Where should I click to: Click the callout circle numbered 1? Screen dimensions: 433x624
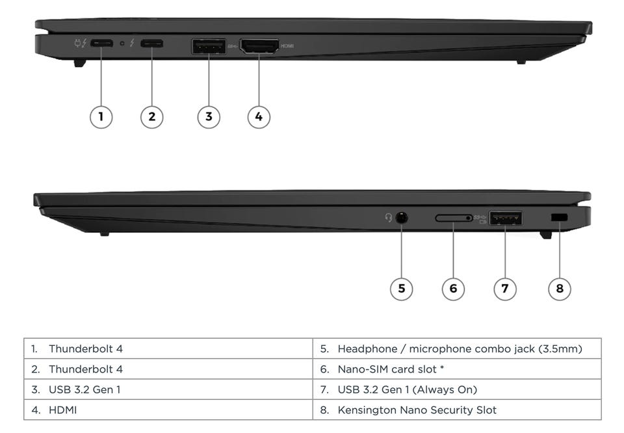(x=101, y=117)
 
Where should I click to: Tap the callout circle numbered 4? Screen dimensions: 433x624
(x=259, y=117)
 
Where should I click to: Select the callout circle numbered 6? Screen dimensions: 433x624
(x=453, y=289)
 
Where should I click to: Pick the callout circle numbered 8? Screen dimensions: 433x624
(x=560, y=289)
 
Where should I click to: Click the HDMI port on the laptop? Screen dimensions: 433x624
(x=259, y=46)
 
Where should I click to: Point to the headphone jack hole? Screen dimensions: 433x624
(x=401, y=218)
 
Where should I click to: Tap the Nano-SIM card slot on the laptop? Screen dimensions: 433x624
(x=454, y=218)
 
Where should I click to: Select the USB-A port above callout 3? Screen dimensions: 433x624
(x=208, y=46)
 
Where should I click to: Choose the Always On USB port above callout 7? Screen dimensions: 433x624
(x=506, y=218)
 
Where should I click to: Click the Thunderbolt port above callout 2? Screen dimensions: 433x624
(x=152, y=44)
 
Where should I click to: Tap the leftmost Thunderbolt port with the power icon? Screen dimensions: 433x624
(x=101, y=44)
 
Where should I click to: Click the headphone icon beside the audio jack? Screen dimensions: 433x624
(x=389, y=218)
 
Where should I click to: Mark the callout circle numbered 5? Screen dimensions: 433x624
(x=401, y=289)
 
